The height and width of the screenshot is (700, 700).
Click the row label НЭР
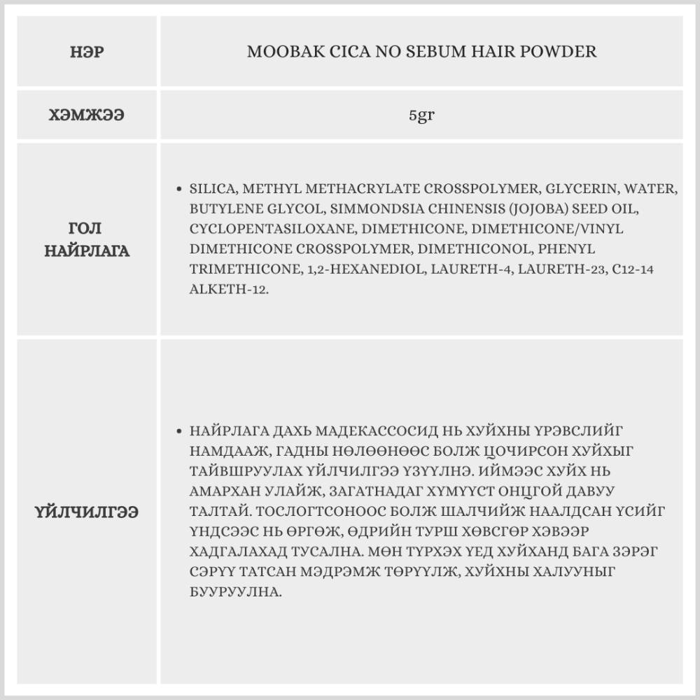[87, 52]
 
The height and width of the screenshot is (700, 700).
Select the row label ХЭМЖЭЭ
[87, 115]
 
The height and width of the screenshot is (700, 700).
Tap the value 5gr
[421, 115]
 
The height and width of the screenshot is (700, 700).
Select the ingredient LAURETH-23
[550, 269]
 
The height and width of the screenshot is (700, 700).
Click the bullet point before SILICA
[179, 190]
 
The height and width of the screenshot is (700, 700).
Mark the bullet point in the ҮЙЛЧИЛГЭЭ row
[179, 430]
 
